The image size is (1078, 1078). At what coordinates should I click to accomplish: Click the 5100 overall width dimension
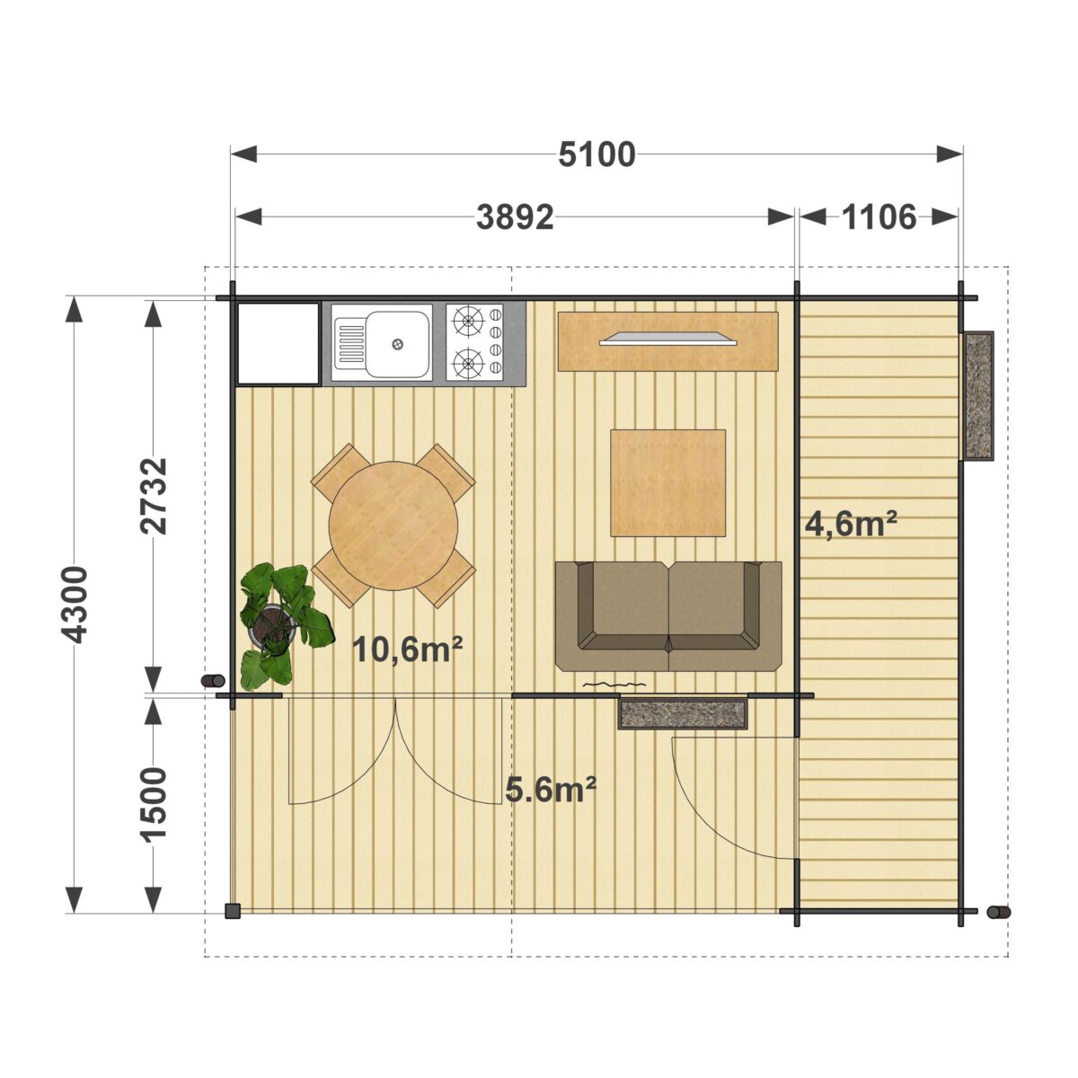click(x=596, y=155)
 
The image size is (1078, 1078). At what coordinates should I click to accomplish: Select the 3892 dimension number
click(x=515, y=217)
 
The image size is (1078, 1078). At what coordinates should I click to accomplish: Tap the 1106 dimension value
click(x=879, y=217)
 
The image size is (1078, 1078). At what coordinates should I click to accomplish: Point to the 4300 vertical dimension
click(x=75, y=605)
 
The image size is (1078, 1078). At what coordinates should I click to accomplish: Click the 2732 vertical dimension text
click(x=154, y=496)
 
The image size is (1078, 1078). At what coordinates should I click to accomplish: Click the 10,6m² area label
click(x=408, y=649)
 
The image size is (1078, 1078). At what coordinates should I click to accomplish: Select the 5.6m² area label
click(x=551, y=790)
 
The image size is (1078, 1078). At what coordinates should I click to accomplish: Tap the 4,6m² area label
click(x=851, y=524)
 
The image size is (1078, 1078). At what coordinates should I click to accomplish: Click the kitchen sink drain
click(x=398, y=344)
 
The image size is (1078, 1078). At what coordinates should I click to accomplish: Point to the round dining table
click(x=393, y=526)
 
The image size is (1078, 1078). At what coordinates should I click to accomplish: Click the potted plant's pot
click(x=272, y=625)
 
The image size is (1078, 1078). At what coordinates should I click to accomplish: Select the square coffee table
click(x=667, y=483)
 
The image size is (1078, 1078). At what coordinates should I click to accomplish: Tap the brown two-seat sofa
click(x=668, y=616)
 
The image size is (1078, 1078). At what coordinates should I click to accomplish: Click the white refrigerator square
click(x=278, y=343)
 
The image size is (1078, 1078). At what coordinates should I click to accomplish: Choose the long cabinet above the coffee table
click(x=668, y=341)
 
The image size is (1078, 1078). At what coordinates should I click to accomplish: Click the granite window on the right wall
click(x=977, y=396)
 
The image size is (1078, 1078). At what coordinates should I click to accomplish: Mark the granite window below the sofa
click(x=683, y=713)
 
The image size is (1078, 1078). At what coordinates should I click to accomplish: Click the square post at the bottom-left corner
click(x=233, y=911)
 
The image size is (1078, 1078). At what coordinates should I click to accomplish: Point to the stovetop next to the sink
click(x=474, y=342)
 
